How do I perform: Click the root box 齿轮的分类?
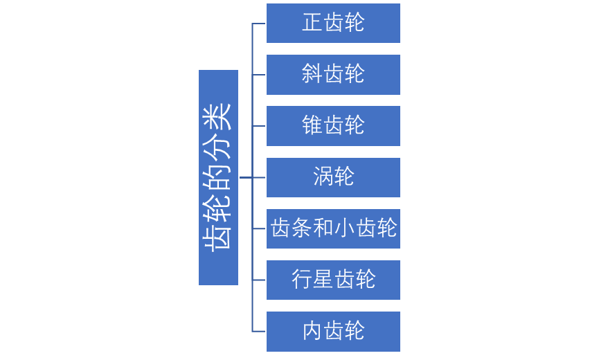coord(218,177)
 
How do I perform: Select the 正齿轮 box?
coord(333,23)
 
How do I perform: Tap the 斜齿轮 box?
coord(333,75)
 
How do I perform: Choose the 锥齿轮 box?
coord(333,126)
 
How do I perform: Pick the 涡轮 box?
coord(333,177)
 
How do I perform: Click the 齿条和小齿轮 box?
coord(333,228)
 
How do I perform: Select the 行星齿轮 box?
coord(333,280)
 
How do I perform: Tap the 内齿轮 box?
coord(333,331)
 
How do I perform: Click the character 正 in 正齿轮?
coord(312,23)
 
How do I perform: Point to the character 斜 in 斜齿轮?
coord(312,75)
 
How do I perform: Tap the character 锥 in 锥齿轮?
coord(312,126)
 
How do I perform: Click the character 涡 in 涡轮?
coord(323,177)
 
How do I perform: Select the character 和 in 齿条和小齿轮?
coord(323,228)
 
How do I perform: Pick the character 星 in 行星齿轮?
coord(323,280)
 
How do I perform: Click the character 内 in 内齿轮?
coord(312,331)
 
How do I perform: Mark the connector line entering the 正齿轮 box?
coord(258,24)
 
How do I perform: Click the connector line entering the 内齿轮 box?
coord(258,331)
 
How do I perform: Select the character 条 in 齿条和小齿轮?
coord(301,228)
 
